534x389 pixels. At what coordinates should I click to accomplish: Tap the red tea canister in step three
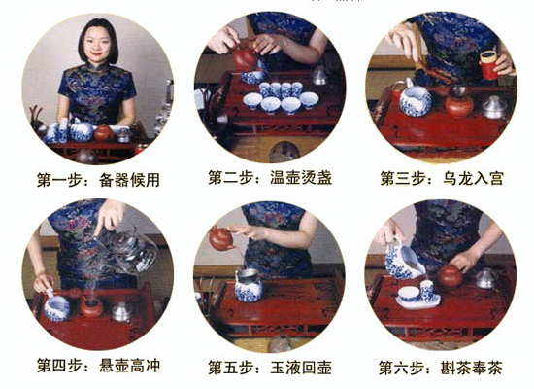coord(487,65)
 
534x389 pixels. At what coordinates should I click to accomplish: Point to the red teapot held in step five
coord(221,239)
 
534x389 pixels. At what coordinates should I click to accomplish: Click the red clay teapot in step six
coord(450,276)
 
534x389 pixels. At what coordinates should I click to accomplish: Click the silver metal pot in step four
coord(121,310)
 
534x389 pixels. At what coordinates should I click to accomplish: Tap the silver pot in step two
coord(319,74)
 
